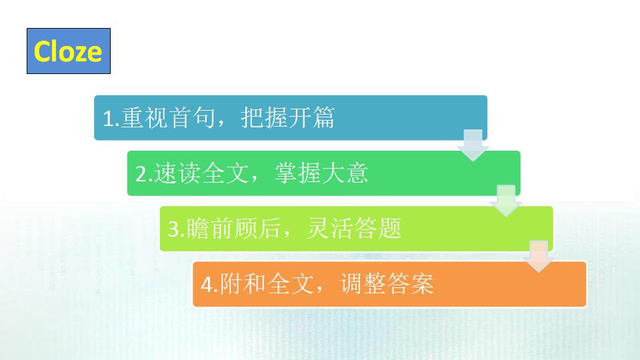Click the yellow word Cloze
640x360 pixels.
tap(68, 51)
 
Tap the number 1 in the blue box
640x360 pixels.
tap(108, 119)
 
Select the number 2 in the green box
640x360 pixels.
tap(141, 174)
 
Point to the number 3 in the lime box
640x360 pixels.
tap(173, 229)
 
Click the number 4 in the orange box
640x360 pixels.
tap(207, 285)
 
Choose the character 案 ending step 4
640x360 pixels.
tap(423, 284)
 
